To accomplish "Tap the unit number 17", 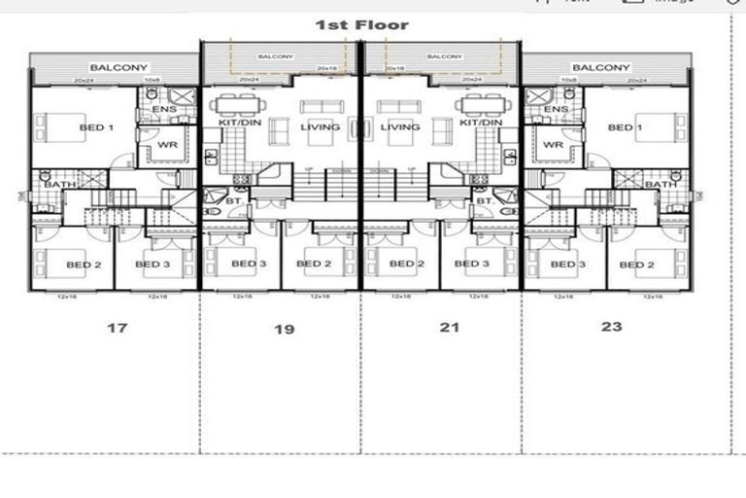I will pyautogui.click(x=117, y=328).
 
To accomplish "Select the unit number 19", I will pyautogui.click(x=284, y=330).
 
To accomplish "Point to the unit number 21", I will pyautogui.click(x=449, y=328).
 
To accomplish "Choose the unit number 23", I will pyautogui.click(x=611, y=327).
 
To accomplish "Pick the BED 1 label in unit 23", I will pyautogui.click(x=626, y=127).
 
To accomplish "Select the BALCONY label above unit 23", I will pyautogui.click(x=601, y=67).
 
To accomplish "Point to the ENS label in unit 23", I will pyautogui.click(x=556, y=110).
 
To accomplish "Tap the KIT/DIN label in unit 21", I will pyautogui.click(x=480, y=124).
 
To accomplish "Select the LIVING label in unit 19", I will pyautogui.click(x=320, y=127).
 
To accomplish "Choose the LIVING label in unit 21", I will pyautogui.click(x=400, y=127).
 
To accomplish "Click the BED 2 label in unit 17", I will pyautogui.click(x=85, y=265).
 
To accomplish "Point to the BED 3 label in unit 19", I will pyautogui.click(x=249, y=265).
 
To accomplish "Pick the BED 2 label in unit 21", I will pyautogui.click(x=406, y=265).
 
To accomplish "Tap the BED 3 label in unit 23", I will pyautogui.click(x=567, y=265).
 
